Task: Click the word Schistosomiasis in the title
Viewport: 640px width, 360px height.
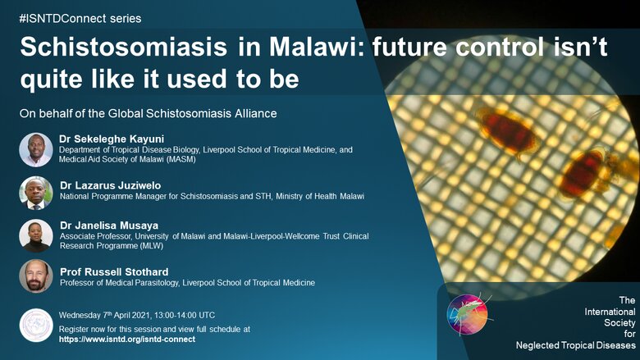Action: tap(124, 47)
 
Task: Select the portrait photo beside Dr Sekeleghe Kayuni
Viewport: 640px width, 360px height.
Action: tap(36, 149)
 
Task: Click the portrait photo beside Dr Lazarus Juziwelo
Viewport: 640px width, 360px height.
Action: tap(36, 193)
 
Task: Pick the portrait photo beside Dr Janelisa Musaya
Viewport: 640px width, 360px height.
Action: tap(36, 235)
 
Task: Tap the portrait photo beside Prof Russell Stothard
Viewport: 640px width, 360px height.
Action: tap(36, 276)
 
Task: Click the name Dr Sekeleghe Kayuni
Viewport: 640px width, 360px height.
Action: tap(112, 139)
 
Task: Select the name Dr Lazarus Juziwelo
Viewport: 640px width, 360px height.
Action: tap(110, 185)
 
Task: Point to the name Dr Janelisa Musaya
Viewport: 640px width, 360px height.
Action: tap(109, 226)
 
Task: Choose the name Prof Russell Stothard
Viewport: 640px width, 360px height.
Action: tap(114, 272)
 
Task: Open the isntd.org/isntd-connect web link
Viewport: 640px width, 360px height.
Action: tap(127, 339)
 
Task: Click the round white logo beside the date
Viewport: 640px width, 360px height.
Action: tap(36, 325)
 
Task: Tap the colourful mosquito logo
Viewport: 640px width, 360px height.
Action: tap(468, 314)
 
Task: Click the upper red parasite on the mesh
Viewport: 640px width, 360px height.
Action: tap(508, 132)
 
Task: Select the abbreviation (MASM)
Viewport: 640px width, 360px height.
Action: tap(181, 159)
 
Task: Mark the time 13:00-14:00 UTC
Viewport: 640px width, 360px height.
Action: tap(184, 315)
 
